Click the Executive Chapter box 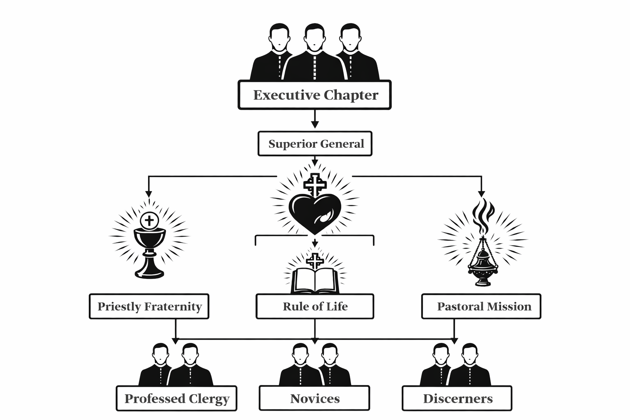[315, 95]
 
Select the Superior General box [315, 144]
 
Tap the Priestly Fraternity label [149, 306]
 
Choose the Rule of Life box [315, 306]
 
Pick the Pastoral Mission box [481, 306]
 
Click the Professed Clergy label [177, 398]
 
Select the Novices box [315, 398]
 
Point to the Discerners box [457, 398]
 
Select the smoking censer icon [483, 262]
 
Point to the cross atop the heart [315, 185]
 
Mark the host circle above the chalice [150, 221]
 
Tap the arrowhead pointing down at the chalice [148, 194]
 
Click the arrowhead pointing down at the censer [482, 194]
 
